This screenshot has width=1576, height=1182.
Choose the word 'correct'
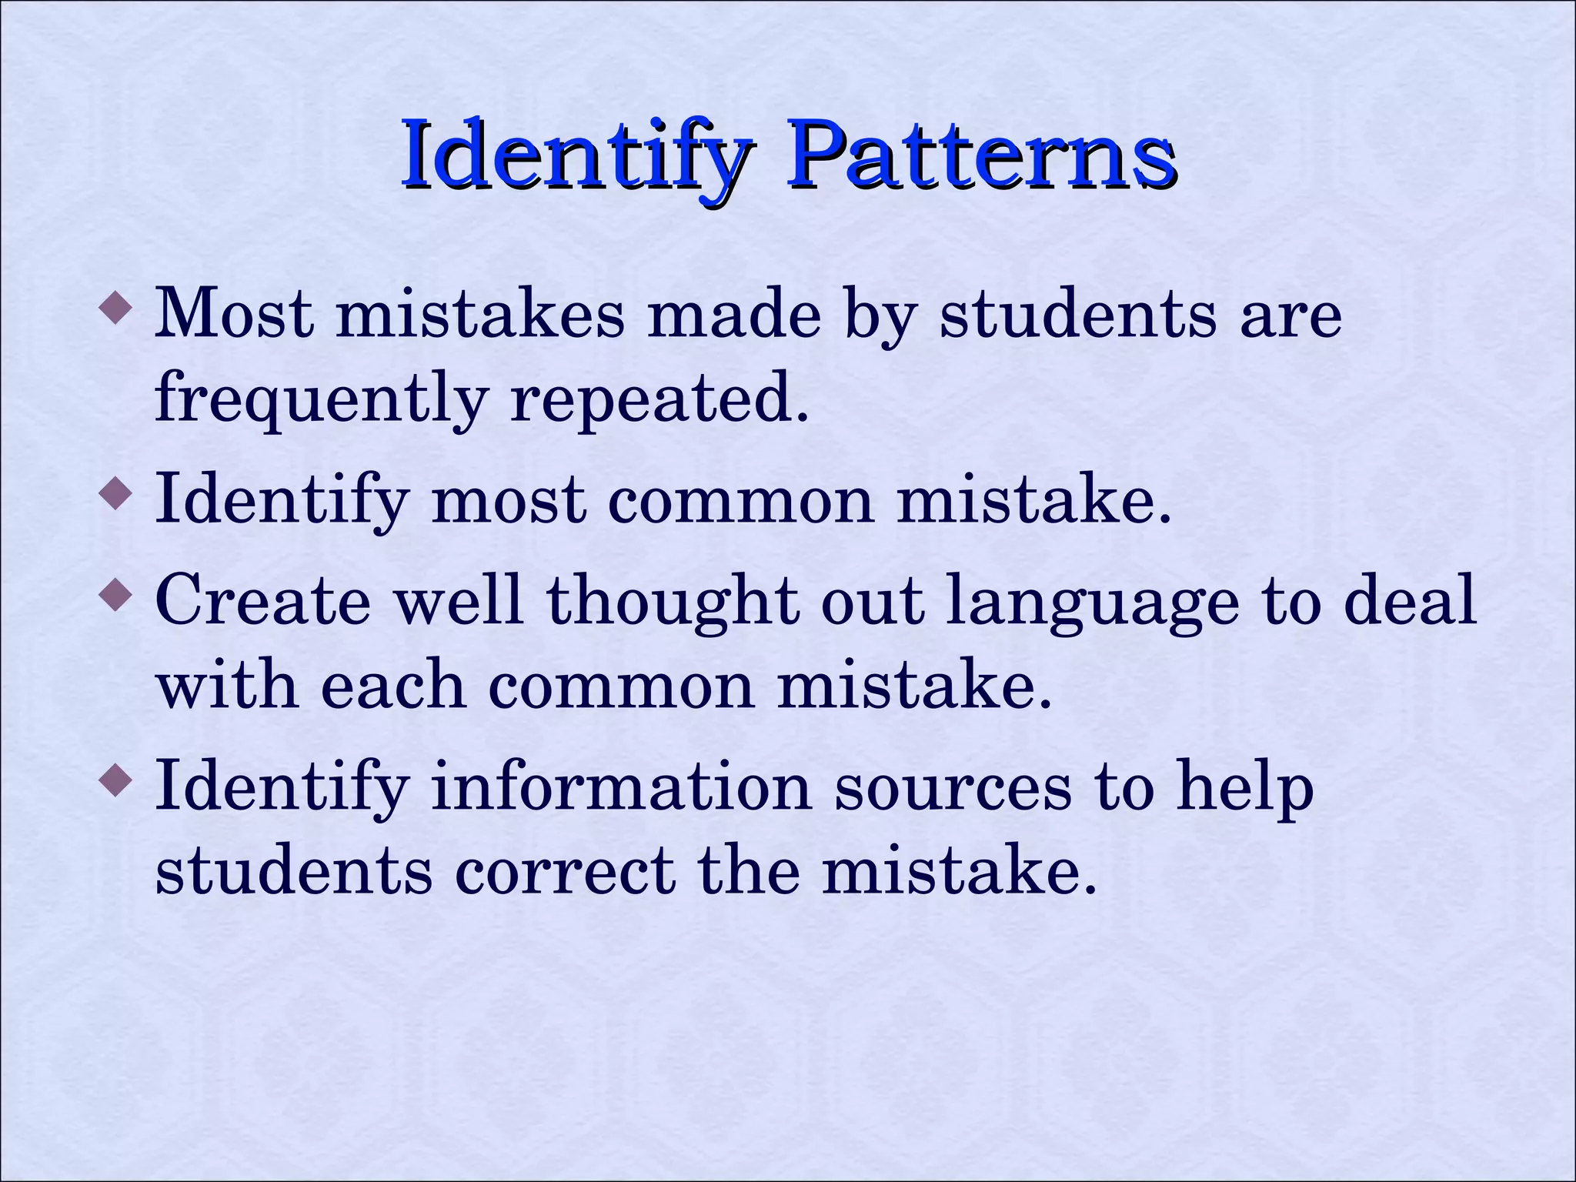(x=565, y=872)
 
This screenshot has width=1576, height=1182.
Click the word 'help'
(x=1244, y=789)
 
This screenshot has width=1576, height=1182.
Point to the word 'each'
(x=392, y=684)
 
